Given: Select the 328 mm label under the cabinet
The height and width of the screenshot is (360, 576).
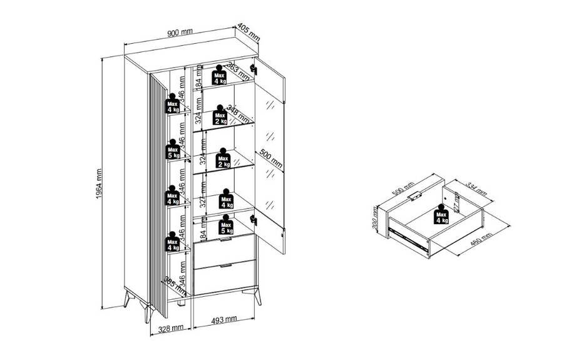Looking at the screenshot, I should click(170, 327).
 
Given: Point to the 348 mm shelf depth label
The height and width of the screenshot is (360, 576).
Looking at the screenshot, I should click(237, 113).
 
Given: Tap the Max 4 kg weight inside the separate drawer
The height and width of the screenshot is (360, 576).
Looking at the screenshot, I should click(441, 216).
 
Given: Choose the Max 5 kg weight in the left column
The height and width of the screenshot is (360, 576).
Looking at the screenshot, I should click(173, 152).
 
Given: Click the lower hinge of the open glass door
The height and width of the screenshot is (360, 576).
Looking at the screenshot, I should click(254, 219).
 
